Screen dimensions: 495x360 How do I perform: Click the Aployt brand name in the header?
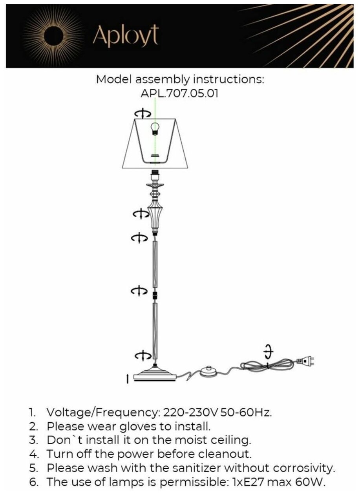click(125, 36)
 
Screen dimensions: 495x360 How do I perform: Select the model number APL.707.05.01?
click(179, 94)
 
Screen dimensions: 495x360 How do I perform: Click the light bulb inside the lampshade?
click(155, 128)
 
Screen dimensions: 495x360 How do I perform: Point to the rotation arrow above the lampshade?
click(142, 114)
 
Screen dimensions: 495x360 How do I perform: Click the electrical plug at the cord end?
click(306, 359)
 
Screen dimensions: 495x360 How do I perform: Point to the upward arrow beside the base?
click(127, 379)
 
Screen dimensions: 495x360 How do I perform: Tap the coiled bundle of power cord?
click(267, 364)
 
